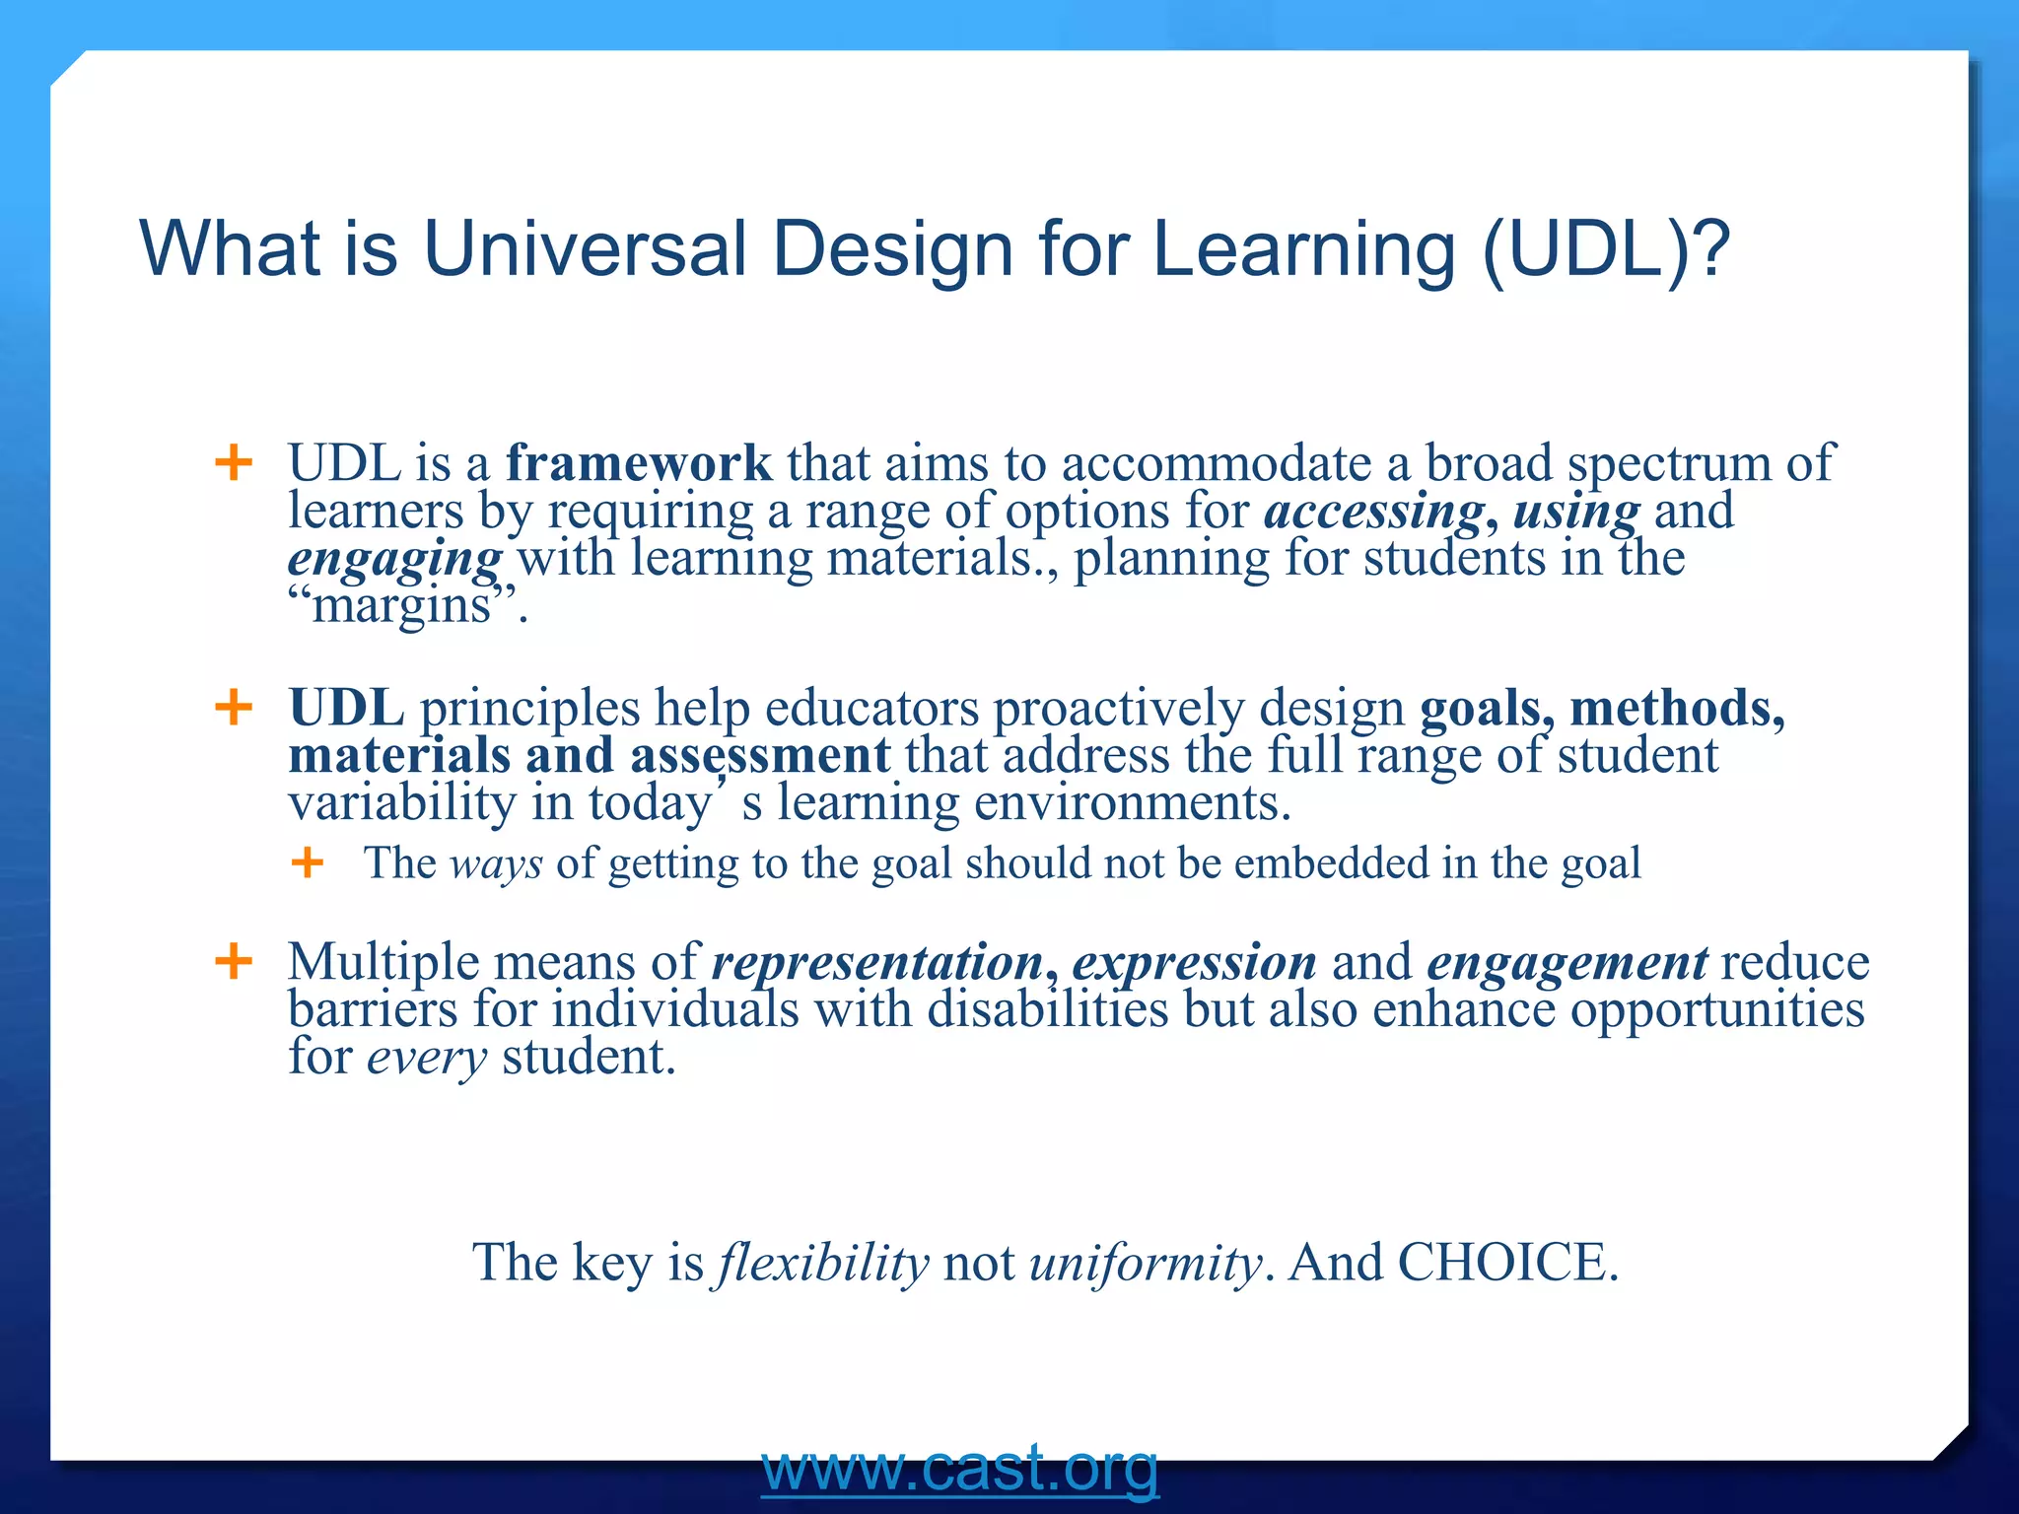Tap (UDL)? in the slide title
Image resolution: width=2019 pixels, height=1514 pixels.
click(x=1606, y=248)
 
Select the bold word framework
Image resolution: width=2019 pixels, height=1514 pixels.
click(x=639, y=463)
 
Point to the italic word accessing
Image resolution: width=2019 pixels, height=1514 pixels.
click(x=1374, y=511)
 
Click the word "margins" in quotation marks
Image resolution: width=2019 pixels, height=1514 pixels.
click(x=402, y=604)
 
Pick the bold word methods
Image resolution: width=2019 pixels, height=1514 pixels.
click(x=1676, y=708)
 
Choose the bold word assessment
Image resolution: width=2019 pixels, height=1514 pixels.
click(x=760, y=755)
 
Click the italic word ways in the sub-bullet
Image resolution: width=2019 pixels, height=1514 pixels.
click(x=496, y=863)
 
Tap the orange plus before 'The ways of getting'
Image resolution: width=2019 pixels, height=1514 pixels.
click(x=308, y=863)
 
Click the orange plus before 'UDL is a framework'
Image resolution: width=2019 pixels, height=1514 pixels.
click(x=234, y=462)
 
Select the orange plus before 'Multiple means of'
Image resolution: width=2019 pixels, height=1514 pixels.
click(x=234, y=961)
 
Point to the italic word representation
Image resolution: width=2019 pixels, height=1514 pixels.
click(x=877, y=962)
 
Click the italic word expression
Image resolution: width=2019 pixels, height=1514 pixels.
click(x=1194, y=962)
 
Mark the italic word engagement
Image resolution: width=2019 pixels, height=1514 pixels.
click(x=1566, y=962)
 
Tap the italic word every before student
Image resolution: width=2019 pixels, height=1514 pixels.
click(x=427, y=1058)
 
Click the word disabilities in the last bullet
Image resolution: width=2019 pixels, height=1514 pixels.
click(x=1047, y=1009)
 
